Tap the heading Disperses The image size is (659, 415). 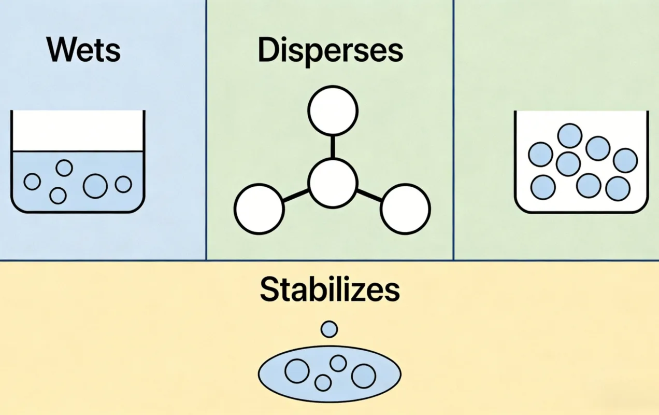coord(331,51)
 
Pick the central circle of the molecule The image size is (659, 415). coord(333,183)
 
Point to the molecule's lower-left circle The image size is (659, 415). coord(259,209)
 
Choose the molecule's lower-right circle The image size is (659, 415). coord(406,209)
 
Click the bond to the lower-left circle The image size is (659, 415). coord(296,196)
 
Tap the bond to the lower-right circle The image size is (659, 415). coord(369,196)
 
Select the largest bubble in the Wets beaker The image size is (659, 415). coord(95,186)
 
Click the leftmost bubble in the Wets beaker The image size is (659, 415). coord(32,182)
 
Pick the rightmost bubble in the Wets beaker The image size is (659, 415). coord(123,184)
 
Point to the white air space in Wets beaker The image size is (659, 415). coord(78,131)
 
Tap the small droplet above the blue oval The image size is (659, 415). coord(329,329)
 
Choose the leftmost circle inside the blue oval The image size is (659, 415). coord(297,371)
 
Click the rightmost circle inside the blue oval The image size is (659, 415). coord(364,376)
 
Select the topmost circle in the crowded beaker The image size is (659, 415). coord(569,135)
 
